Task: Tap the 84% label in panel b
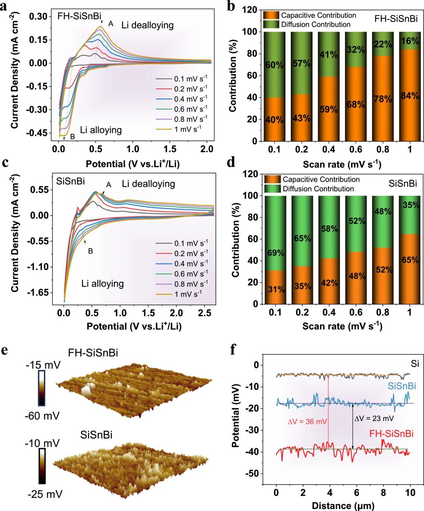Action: tap(410, 96)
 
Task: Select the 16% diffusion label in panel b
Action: tap(410, 41)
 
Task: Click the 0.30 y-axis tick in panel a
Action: tap(38, 17)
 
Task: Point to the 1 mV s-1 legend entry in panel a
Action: tap(188, 129)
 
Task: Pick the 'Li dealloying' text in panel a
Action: tap(147, 25)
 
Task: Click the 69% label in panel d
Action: tap(276, 253)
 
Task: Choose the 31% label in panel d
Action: tap(276, 290)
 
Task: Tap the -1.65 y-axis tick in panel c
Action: tap(38, 292)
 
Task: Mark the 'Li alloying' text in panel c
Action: tap(102, 284)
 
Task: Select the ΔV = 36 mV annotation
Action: tap(307, 422)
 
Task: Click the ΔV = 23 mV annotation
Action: tap(374, 418)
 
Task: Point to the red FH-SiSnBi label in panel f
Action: tap(391, 434)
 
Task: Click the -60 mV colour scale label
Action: tap(42, 415)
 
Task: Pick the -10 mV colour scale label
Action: tap(42, 443)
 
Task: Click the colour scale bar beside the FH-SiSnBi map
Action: tap(41, 388)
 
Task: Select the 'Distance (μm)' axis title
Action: tap(343, 505)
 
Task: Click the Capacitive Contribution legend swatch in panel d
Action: tap(272, 179)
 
